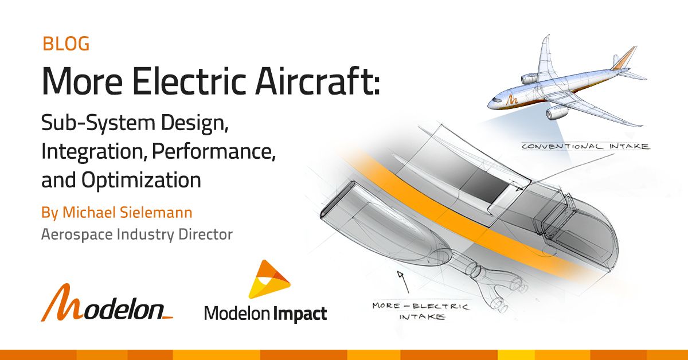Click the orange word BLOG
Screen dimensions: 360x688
[x=66, y=44]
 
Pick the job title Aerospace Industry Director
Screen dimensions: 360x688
[x=136, y=234]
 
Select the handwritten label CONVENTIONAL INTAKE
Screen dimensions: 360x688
[x=585, y=146]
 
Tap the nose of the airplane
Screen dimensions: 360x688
[x=492, y=104]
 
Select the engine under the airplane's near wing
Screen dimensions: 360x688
[x=556, y=113]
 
